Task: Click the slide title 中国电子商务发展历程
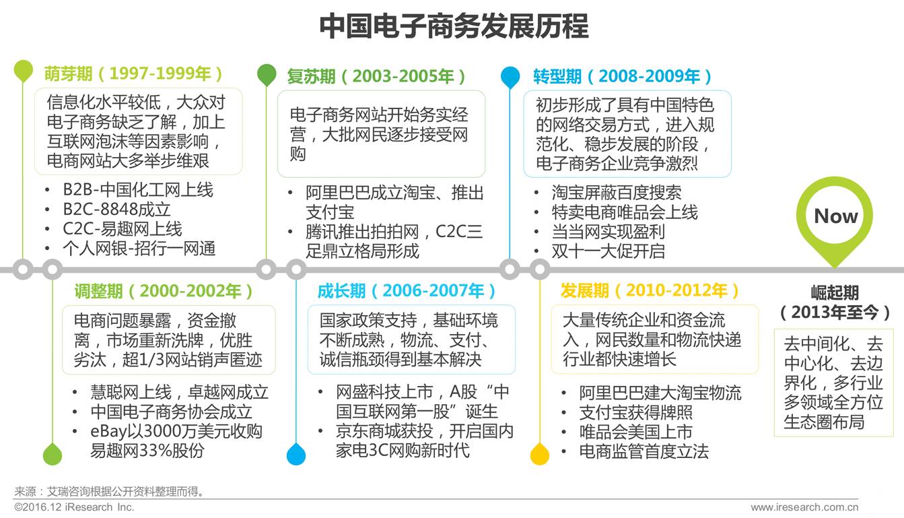click(453, 26)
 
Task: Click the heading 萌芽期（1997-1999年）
click(134, 73)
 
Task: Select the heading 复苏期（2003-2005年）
click(376, 76)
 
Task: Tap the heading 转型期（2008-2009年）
click(623, 76)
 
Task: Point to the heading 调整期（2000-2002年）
click(164, 291)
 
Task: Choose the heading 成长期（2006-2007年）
click(407, 291)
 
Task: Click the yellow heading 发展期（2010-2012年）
click(650, 291)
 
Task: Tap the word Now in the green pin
click(835, 216)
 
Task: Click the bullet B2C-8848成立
click(116, 209)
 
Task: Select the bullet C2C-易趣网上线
click(122, 229)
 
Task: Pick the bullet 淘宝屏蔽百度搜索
click(616, 193)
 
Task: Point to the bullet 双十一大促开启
click(608, 251)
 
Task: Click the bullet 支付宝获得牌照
click(635, 412)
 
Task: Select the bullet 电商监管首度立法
click(644, 451)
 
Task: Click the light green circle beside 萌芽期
click(23, 70)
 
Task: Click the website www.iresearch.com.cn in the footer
click(804, 507)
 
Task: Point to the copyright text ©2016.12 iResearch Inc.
click(74, 507)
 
